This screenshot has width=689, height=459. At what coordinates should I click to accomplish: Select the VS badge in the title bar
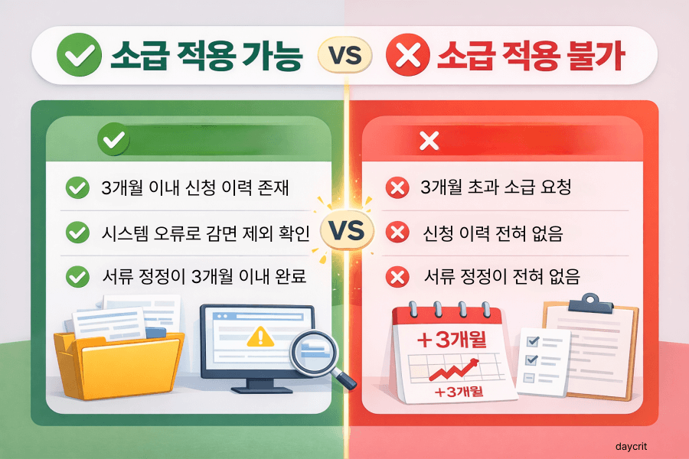(344, 56)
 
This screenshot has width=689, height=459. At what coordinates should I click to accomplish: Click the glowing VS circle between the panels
(345, 229)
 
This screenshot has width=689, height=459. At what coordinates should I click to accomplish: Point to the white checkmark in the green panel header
(114, 141)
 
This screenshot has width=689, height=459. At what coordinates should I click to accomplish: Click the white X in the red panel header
(429, 141)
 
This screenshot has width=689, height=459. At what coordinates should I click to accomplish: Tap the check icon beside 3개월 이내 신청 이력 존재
(77, 188)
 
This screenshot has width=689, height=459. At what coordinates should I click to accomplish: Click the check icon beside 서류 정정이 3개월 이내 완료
(77, 277)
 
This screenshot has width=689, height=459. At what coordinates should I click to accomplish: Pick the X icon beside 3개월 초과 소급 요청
(397, 188)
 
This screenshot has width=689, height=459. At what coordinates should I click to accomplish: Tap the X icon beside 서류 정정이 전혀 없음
(397, 277)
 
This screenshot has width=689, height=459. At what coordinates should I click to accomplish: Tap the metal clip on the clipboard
(589, 298)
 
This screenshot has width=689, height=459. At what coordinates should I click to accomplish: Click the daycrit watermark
(634, 444)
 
